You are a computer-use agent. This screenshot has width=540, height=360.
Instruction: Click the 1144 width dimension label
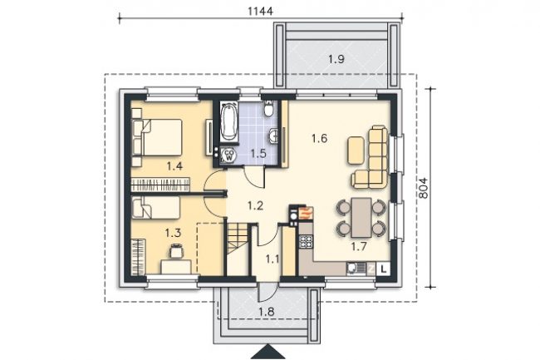[260, 11]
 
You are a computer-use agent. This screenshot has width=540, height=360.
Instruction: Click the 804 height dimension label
[423, 188]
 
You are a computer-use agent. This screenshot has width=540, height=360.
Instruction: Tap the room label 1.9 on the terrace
[336, 59]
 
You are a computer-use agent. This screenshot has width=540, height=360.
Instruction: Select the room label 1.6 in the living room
[319, 139]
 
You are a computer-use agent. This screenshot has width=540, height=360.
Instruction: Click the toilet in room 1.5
[268, 108]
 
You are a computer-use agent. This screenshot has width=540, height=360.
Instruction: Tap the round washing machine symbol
[229, 155]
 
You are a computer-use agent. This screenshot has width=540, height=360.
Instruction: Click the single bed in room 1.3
[156, 207]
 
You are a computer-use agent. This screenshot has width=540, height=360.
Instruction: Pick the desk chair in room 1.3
[176, 250]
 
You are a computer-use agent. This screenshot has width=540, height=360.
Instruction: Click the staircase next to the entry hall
[238, 249]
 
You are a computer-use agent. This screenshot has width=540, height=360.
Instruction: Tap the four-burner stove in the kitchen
[306, 241]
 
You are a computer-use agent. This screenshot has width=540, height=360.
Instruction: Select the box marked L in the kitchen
[383, 269]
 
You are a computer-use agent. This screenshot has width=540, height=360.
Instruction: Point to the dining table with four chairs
[361, 218]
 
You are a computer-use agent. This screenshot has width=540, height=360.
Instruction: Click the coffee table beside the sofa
[356, 150]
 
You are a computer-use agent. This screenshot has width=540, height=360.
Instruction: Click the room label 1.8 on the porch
[267, 312]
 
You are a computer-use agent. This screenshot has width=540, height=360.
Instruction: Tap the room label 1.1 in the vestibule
[272, 259]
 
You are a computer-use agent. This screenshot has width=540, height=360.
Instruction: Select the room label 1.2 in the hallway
[255, 205]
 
